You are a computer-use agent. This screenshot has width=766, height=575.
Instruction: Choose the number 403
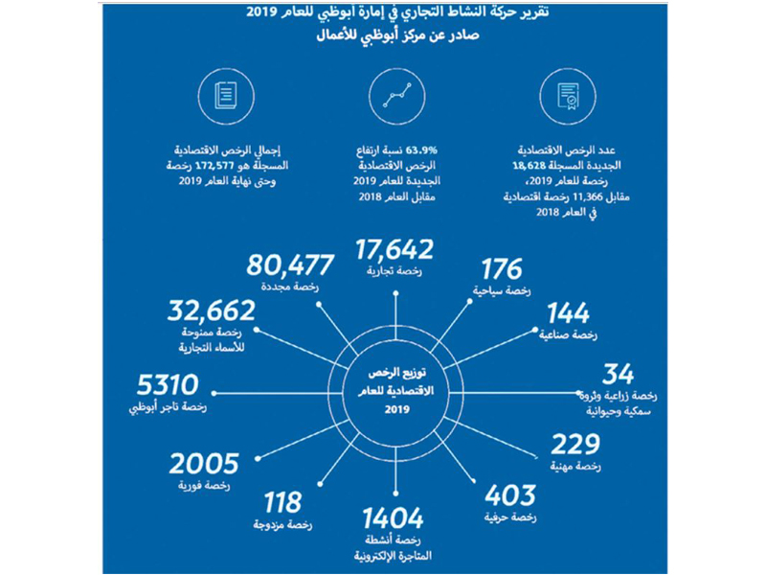tap(509, 495)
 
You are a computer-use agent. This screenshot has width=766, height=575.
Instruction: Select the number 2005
tap(203, 464)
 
